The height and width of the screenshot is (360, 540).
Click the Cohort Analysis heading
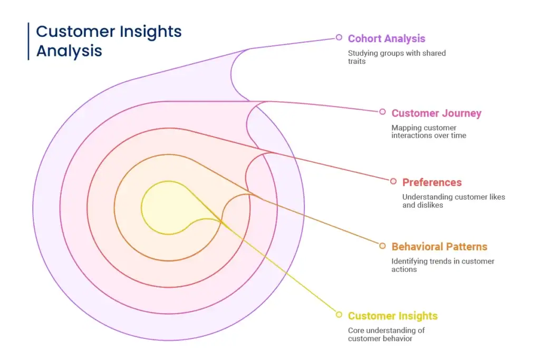click(x=386, y=38)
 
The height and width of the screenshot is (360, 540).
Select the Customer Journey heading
click(x=436, y=113)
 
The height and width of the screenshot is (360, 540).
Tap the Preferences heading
click(x=431, y=182)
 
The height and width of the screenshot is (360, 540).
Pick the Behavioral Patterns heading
click(x=439, y=247)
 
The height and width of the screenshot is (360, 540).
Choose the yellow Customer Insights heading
click(x=392, y=316)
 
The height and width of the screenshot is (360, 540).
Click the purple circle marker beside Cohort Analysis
click(x=339, y=37)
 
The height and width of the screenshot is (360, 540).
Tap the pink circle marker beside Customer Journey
click(x=382, y=112)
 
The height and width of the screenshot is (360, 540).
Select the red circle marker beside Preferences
click(x=393, y=181)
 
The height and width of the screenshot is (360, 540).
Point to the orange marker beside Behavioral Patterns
click(x=382, y=246)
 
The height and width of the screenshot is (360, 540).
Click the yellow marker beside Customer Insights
click(x=339, y=315)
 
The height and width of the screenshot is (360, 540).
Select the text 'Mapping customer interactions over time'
click(x=428, y=131)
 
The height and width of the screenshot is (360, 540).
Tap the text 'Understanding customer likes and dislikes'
click(x=453, y=201)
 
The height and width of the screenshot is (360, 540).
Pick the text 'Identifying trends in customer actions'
click(x=442, y=265)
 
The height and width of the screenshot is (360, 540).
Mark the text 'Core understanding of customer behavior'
click(x=386, y=334)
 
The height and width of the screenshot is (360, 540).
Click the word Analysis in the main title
click(x=69, y=51)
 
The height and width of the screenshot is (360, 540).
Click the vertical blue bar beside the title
click(x=28, y=41)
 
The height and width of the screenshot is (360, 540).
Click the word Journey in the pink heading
click(x=462, y=113)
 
